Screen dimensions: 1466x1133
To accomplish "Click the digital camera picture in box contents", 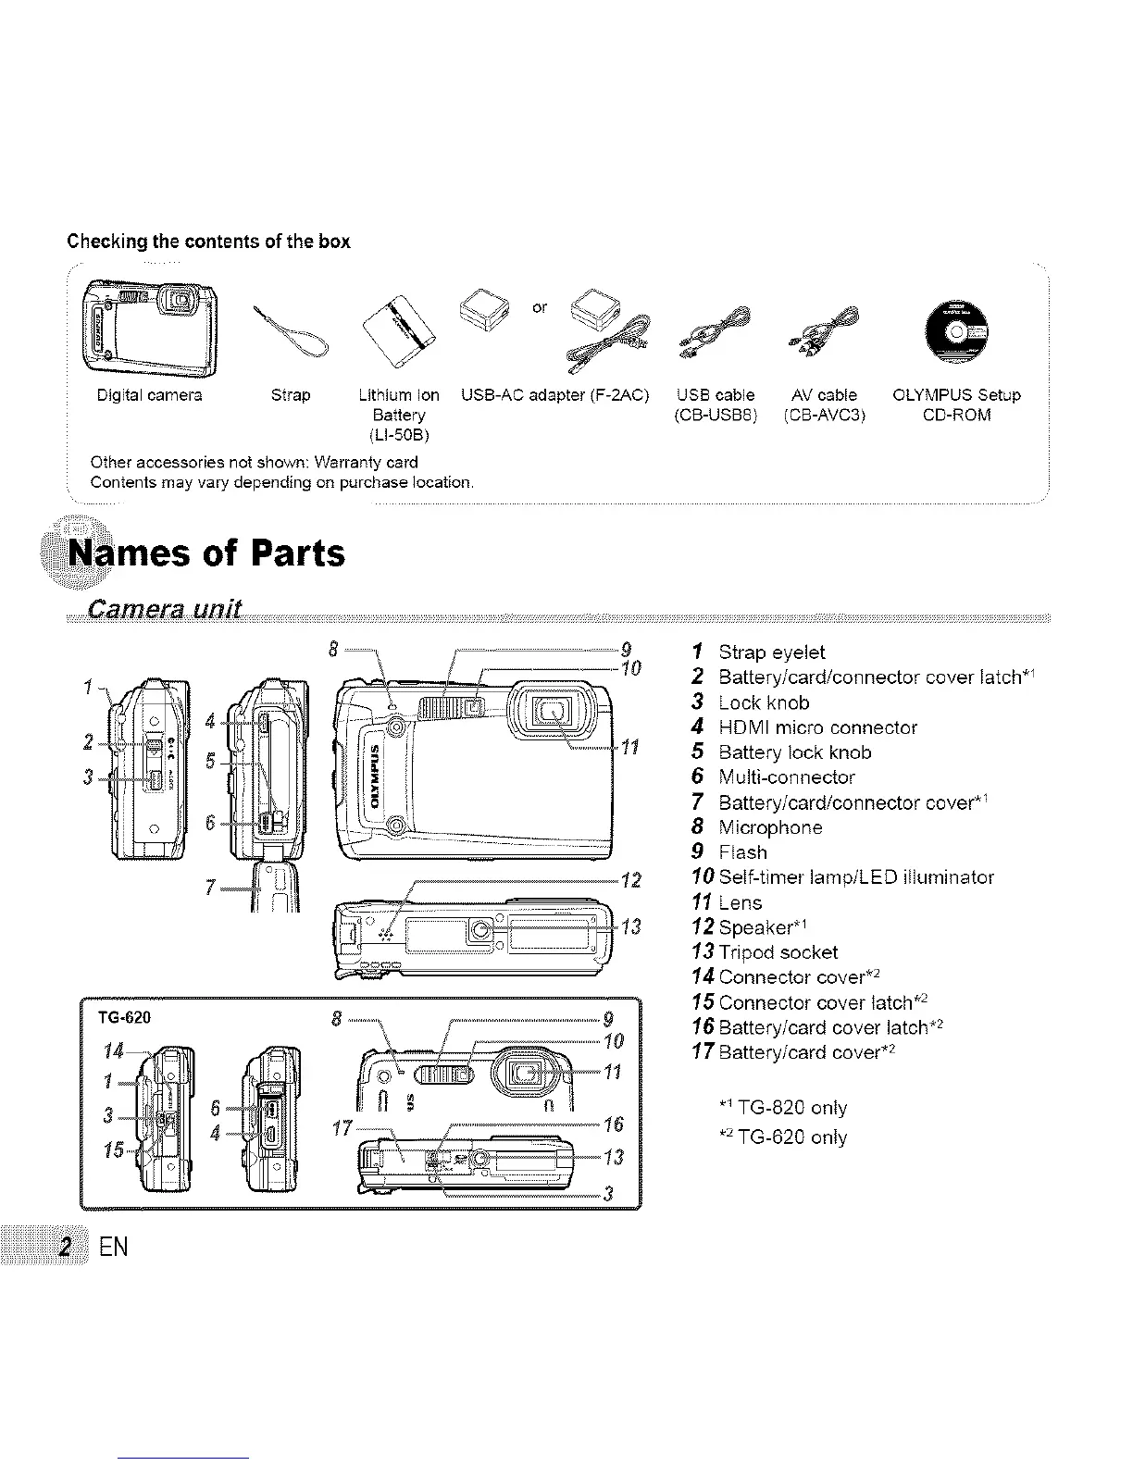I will (x=150, y=328).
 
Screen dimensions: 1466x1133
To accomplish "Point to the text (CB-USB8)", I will (x=716, y=415).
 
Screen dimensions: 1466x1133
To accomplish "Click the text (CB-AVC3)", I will (x=824, y=415).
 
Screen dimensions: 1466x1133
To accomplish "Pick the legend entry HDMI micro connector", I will (x=817, y=727).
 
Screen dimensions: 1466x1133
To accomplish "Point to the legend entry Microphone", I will (x=770, y=827).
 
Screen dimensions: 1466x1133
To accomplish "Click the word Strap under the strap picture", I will (x=291, y=395).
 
